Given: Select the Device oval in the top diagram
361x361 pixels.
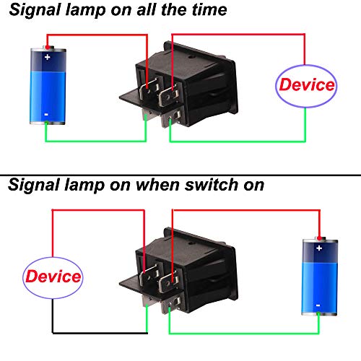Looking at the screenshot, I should tap(307, 85).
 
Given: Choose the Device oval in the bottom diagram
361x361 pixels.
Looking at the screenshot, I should tap(53, 277).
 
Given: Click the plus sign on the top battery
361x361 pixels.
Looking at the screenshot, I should tap(47, 56).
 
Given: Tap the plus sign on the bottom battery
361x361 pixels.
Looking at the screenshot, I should tap(318, 247).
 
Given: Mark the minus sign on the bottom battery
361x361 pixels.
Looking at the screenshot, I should tap(318, 305).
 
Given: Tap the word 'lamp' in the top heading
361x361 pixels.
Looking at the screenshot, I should tap(84, 11).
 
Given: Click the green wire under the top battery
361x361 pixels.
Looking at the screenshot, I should tap(94, 141).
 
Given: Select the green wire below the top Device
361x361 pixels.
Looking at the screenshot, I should tap(238, 141).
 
